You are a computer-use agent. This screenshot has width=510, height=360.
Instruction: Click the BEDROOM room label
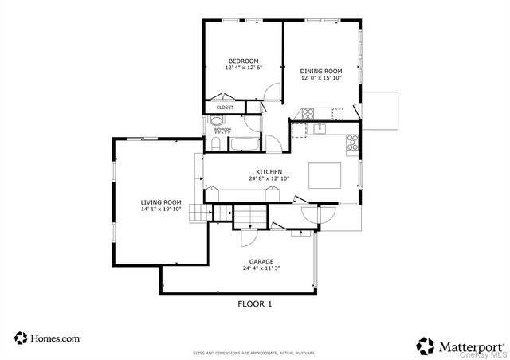click(243, 61)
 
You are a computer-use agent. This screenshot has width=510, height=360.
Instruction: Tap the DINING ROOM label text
click(320, 72)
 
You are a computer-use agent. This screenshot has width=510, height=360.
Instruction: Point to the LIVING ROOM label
click(161, 202)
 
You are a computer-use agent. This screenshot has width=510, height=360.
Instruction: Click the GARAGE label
click(261, 261)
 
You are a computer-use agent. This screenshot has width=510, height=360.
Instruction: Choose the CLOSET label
click(225, 107)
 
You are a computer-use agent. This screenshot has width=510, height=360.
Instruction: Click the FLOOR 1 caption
click(254, 303)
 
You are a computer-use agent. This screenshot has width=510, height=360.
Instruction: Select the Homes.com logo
click(48, 338)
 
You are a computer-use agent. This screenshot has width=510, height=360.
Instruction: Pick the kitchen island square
click(324, 173)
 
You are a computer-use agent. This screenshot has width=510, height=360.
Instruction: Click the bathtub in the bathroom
click(243, 145)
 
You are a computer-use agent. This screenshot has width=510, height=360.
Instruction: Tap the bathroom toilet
click(216, 143)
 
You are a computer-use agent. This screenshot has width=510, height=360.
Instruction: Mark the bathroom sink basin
click(217, 121)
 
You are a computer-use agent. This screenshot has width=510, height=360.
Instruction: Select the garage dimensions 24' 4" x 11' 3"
click(261, 269)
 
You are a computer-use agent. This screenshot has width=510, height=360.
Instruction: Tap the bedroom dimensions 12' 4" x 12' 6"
click(243, 69)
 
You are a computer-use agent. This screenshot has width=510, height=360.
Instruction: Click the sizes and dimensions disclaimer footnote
click(254, 352)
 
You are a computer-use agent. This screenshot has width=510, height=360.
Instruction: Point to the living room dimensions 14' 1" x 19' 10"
click(161, 210)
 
